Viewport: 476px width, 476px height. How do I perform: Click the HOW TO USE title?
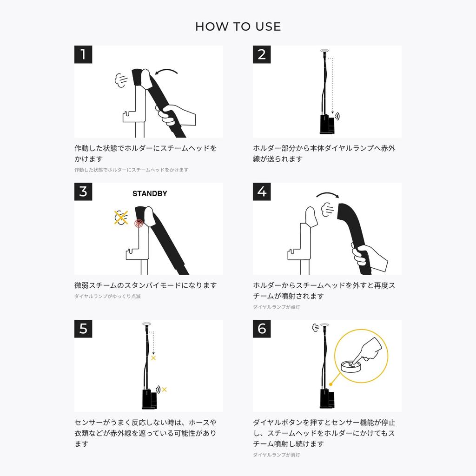click(x=238, y=26)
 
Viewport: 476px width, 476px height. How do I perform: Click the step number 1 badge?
click(x=83, y=55)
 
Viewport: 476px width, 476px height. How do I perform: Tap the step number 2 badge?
click(x=262, y=55)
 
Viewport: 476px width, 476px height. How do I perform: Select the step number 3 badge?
click(x=83, y=192)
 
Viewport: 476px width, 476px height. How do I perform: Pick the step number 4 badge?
click(x=262, y=192)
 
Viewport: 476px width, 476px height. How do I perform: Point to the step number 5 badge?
click(x=83, y=329)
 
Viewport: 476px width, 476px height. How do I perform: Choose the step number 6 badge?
click(x=262, y=329)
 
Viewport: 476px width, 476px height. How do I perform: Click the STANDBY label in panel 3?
click(x=150, y=194)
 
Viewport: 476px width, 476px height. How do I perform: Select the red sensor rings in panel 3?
click(x=139, y=224)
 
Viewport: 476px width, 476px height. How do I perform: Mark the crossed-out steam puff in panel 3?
click(x=121, y=218)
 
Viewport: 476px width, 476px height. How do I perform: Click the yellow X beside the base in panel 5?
click(x=164, y=390)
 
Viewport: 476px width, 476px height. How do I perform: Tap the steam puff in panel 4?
click(x=328, y=210)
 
